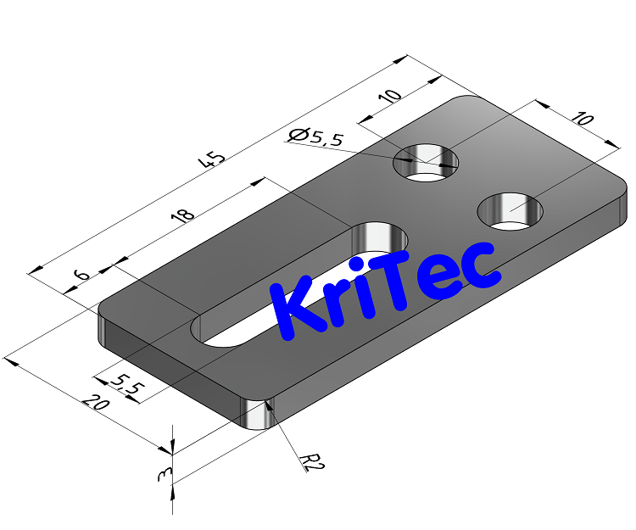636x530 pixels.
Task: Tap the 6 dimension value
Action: tap(81, 276)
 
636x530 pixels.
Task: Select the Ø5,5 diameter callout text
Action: tap(315, 137)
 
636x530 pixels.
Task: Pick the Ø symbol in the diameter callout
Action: tap(297, 135)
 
